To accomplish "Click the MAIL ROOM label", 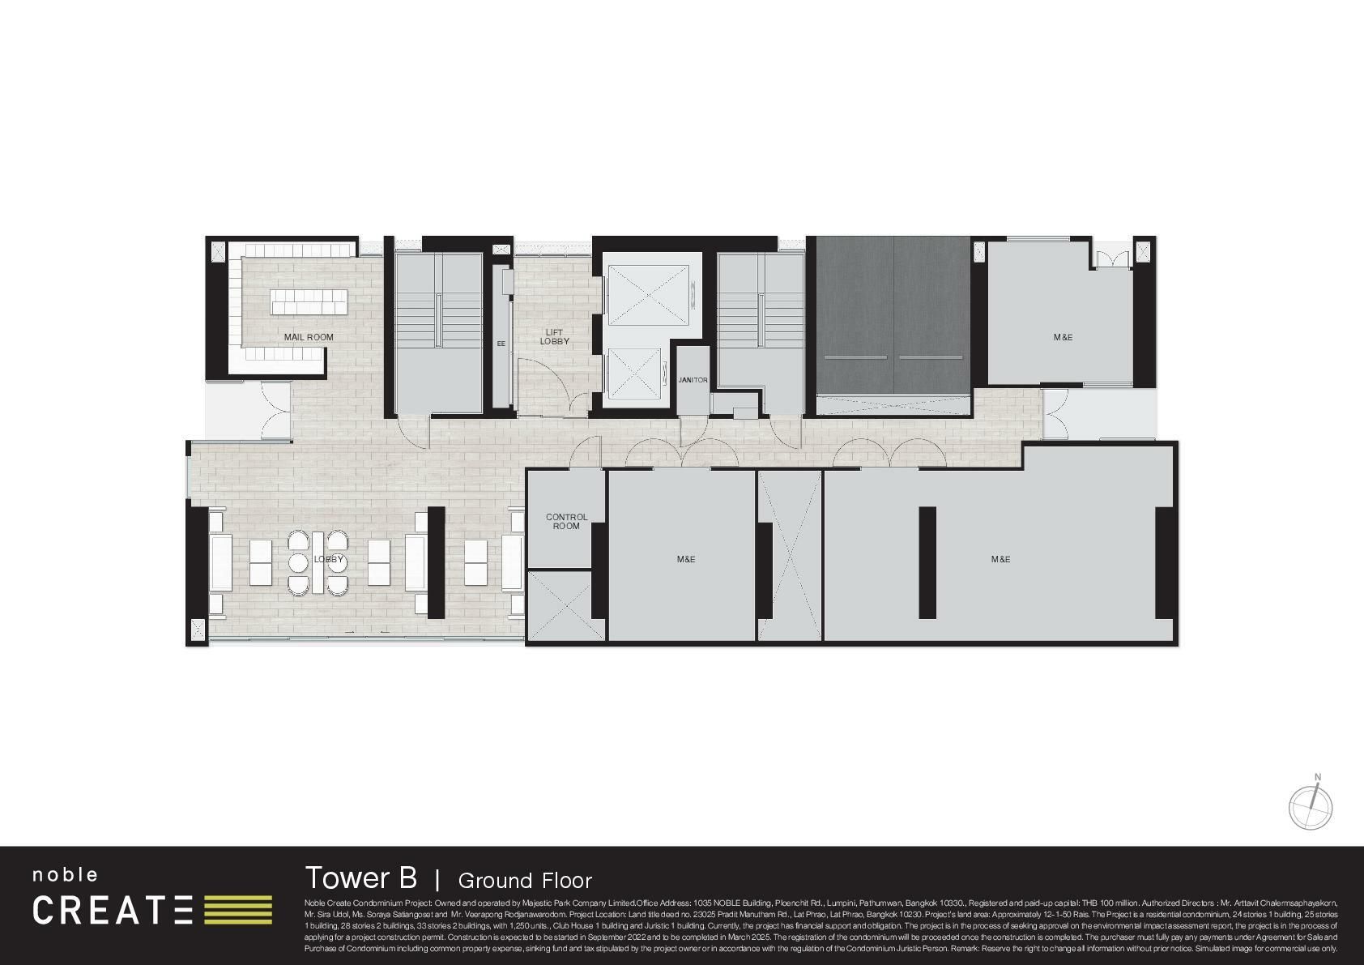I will pos(308,337).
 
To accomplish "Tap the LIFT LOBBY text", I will pos(554,337).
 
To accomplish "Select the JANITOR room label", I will pos(693,380).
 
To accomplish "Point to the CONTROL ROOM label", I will pos(566,521).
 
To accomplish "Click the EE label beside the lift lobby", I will pos(501,344).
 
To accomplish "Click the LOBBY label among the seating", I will pos(329,560).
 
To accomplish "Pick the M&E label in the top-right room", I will pos(1063,337).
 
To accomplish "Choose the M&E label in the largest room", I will pos(1000,559).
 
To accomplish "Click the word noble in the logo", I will pos(66,875).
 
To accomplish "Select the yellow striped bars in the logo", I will pos(237,910).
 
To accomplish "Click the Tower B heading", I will pos(360,877).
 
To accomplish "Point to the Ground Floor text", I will pos(525,881).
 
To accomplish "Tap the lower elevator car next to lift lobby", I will pos(635,374).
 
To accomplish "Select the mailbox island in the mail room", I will pos(309,302).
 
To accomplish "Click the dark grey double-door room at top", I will pos(893,316).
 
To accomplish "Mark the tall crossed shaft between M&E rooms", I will pos(790,555).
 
